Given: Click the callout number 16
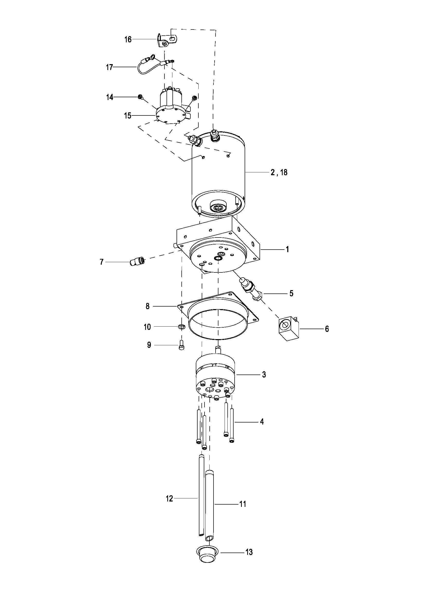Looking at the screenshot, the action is point(128,40).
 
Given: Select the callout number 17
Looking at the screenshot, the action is point(109,67).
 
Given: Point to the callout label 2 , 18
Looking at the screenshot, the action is point(279,172).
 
